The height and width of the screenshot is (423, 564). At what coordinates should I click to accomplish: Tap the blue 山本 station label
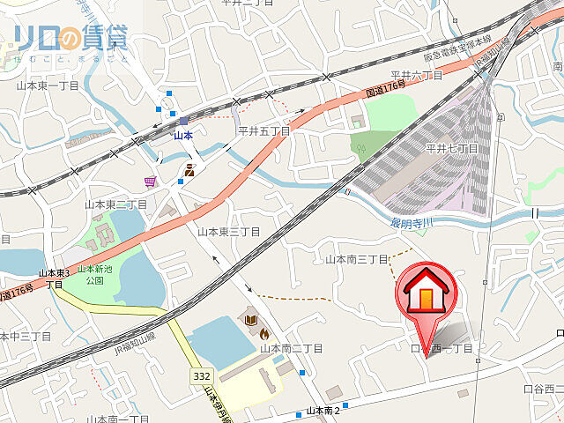tap(182, 135)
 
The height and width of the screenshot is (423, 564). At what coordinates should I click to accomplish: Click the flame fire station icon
tap(263, 334)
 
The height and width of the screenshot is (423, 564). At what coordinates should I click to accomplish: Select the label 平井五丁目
tap(264, 130)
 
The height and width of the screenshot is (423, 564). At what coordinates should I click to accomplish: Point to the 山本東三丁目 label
tap(228, 232)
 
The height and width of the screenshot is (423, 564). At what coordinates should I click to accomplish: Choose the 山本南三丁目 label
tap(357, 259)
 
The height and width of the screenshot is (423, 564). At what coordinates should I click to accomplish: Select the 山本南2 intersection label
tap(323, 411)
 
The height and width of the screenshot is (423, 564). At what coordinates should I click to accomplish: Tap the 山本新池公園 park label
tap(91, 275)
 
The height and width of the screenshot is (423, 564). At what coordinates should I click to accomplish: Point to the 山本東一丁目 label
tap(48, 86)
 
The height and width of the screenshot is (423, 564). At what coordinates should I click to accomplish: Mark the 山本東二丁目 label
tap(115, 204)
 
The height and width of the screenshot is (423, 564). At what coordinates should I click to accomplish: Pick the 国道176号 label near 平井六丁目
tap(385, 88)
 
